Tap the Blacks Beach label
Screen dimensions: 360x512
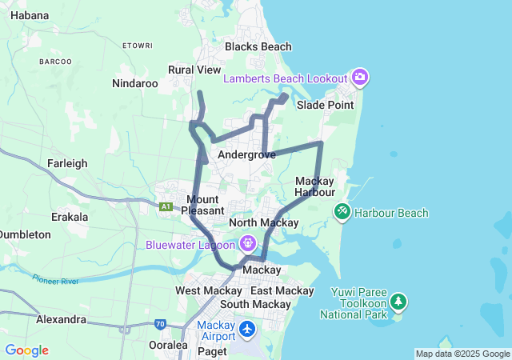(258, 46)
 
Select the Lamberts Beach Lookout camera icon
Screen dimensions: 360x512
(360, 78)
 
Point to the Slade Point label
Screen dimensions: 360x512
(325, 105)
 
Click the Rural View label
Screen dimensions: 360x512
(194, 70)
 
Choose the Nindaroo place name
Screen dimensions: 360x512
(134, 83)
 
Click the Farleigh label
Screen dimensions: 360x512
(67, 163)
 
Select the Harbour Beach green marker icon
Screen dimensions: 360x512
(342, 212)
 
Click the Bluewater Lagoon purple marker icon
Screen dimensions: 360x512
(247, 242)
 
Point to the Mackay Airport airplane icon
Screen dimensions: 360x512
(247, 329)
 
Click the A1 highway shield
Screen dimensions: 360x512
(166, 206)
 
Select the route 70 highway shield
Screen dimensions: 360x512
(161, 325)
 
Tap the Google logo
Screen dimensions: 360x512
(26, 350)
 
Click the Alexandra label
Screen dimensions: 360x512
(61, 319)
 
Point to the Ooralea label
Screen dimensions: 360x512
(168, 345)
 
